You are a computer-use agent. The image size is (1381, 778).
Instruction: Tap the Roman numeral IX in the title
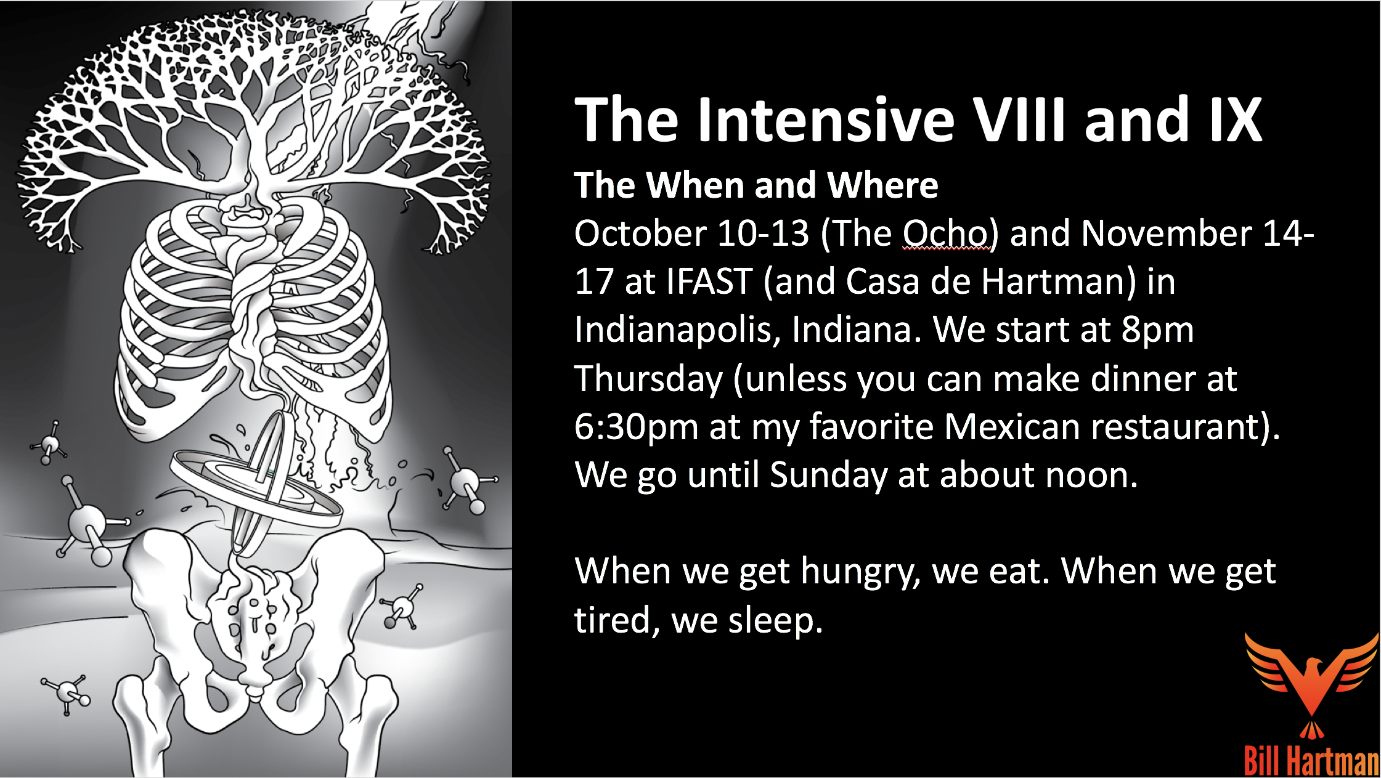coord(1235,120)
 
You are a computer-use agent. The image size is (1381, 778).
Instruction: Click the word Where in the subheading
coord(882,185)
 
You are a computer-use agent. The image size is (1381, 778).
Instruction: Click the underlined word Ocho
coord(946,234)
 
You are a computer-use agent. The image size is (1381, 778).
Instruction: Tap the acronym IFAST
coord(709,282)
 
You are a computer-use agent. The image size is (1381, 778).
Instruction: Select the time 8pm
coord(1157,331)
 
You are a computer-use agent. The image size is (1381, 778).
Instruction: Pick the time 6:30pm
coord(636,427)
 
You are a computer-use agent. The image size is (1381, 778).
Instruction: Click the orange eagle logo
coord(1311,684)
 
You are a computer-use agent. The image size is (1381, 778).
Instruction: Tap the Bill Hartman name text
coord(1311,761)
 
